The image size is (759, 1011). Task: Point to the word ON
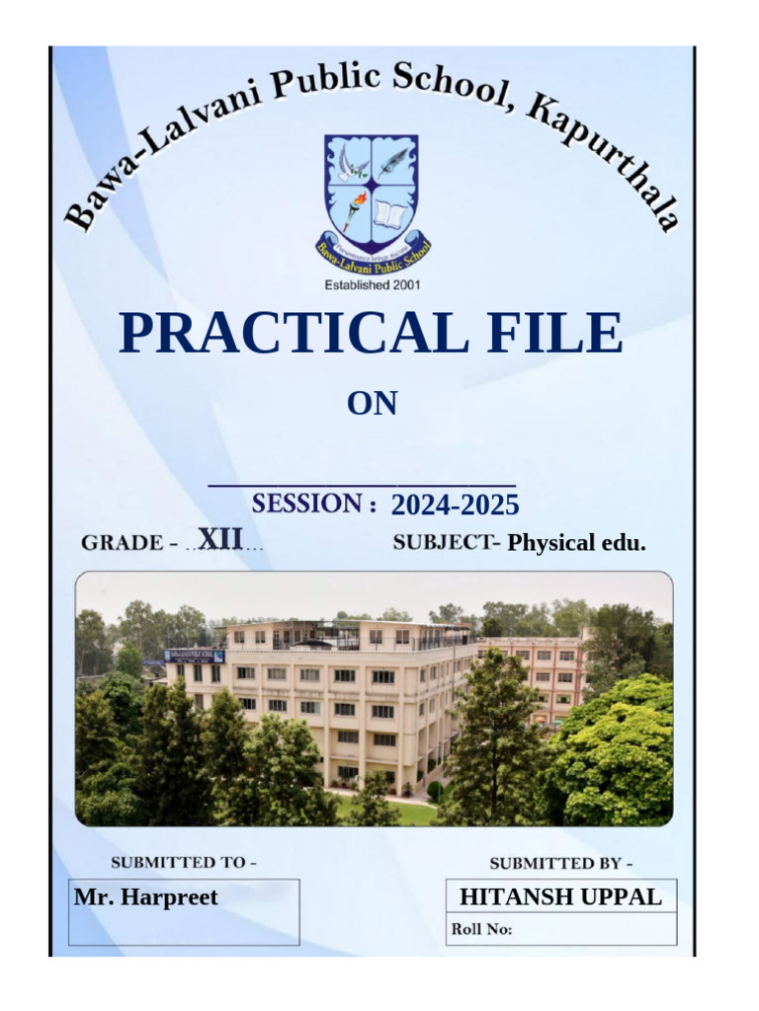coord(372,404)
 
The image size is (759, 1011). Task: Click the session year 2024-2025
coord(455,505)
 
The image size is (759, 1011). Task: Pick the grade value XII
coord(220,539)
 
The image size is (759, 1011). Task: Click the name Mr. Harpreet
coord(145,896)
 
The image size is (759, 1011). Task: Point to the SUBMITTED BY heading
coord(560,863)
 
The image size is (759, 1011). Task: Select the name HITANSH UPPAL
coord(560,896)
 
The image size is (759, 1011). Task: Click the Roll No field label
coord(481,929)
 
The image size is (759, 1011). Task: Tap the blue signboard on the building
coord(195,656)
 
